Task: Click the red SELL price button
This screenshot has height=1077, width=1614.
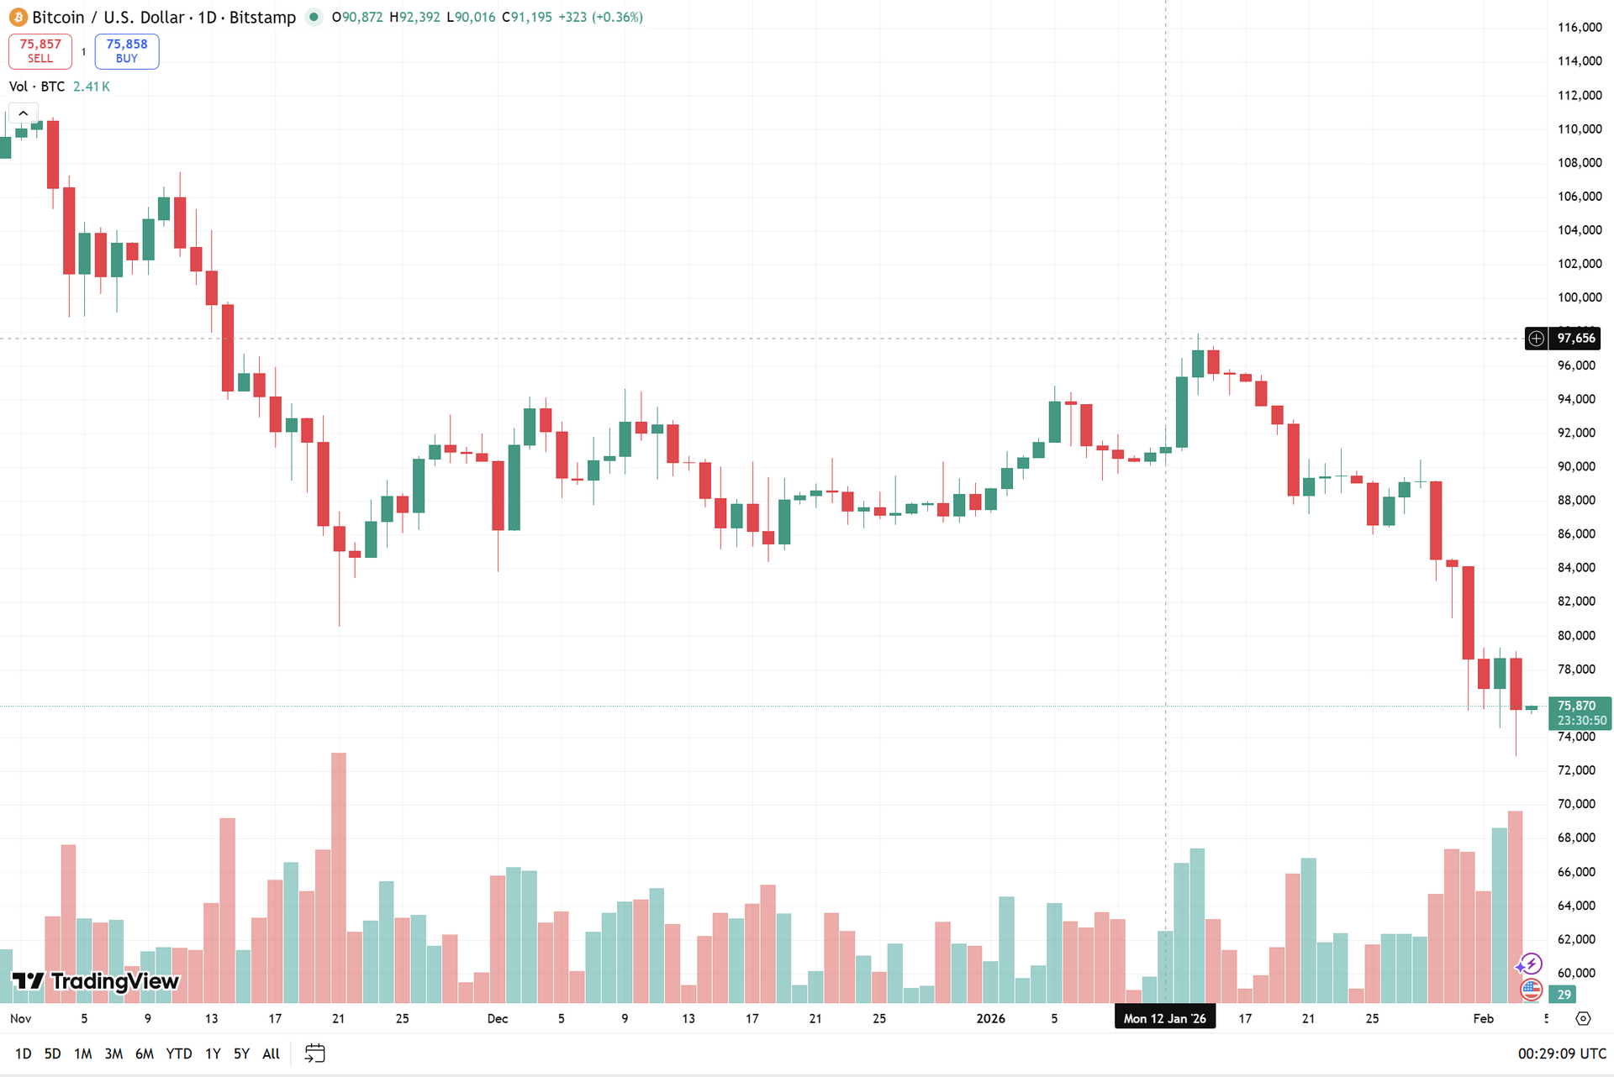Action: tap(40, 51)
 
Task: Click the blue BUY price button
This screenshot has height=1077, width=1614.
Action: tap(127, 51)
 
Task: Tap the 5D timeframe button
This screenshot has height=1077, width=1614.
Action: tap(52, 1053)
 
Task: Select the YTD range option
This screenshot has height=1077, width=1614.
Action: tap(178, 1053)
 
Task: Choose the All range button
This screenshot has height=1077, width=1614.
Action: tap(271, 1053)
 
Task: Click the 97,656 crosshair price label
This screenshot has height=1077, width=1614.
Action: tap(1574, 339)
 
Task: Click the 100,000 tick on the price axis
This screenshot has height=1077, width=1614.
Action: tap(1580, 297)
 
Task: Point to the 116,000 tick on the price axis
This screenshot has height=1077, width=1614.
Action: tap(1580, 27)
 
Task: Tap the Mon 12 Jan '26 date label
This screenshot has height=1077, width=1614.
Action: tap(1164, 1018)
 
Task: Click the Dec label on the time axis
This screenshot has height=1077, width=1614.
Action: tap(498, 1018)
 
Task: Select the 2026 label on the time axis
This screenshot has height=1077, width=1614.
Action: tap(991, 1018)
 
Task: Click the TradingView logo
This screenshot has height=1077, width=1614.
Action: tap(96, 981)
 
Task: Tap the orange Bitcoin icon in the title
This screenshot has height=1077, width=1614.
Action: tap(18, 18)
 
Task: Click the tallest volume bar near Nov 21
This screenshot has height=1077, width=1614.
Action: tap(339, 874)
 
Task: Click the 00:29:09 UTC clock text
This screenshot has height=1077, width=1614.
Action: tap(1562, 1053)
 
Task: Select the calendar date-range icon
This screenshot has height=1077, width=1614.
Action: tap(314, 1053)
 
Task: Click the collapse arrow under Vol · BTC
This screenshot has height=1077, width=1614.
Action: tap(23, 113)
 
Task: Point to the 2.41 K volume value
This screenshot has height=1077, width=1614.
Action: tap(91, 87)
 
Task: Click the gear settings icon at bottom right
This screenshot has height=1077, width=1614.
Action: tap(1583, 1018)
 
